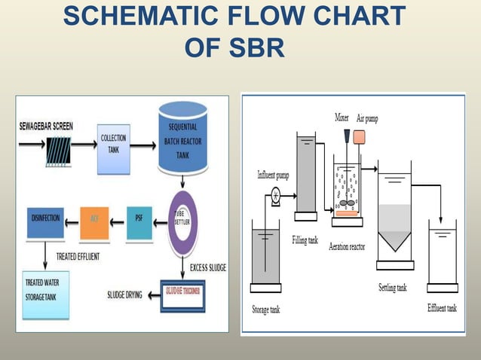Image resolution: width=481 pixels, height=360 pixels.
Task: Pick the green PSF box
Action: [139, 219]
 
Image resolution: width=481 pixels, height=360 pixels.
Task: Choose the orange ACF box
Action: [94, 220]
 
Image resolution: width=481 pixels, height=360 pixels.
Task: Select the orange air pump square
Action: [360, 137]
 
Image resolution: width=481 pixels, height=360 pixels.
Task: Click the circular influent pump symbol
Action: [275, 196]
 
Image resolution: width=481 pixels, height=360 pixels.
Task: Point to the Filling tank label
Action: [306, 240]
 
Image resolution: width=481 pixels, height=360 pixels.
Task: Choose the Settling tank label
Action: [393, 288]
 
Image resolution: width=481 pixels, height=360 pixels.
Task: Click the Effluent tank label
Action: [442, 308]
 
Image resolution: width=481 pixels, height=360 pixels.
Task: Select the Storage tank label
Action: [265, 310]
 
